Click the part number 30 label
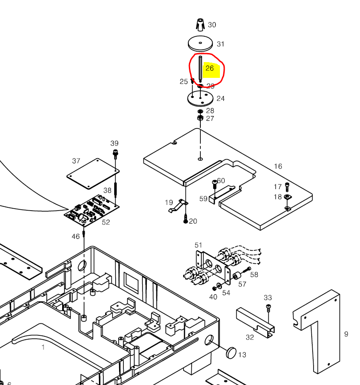click(x=212, y=25)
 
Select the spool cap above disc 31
click(x=200, y=24)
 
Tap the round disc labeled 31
click(x=200, y=43)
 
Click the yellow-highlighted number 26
click(x=210, y=68)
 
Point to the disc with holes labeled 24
click(x=200, y=98)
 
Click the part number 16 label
click(x=278, y=166)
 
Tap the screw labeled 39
click(x=115, y=154)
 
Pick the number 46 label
click(x=76, y=236)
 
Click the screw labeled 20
click(x=185, y=220)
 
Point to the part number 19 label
click(x=169, y=203)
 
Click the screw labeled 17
click(x=287, y=186)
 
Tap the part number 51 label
click(x=198, y=246)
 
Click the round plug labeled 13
click(x=231, y=353)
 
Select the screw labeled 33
click(x=268, y=307)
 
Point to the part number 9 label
click(x=346, y=334)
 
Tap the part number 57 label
click(x=242, y=284)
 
